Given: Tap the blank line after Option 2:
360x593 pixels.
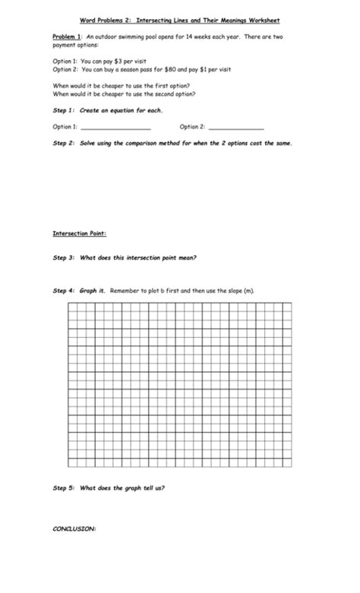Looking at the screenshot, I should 236,127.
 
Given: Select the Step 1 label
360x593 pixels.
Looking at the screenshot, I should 63,111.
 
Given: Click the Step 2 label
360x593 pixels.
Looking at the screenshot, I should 63,143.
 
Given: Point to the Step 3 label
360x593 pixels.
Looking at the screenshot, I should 63,257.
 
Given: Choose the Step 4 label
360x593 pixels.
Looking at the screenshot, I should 63,291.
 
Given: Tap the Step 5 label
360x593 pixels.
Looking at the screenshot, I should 63,488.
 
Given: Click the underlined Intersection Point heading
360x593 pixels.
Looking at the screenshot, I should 79,232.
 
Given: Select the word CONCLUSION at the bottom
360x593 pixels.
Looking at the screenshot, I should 74,529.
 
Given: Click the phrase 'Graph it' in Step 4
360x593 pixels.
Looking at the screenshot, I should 93,291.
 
